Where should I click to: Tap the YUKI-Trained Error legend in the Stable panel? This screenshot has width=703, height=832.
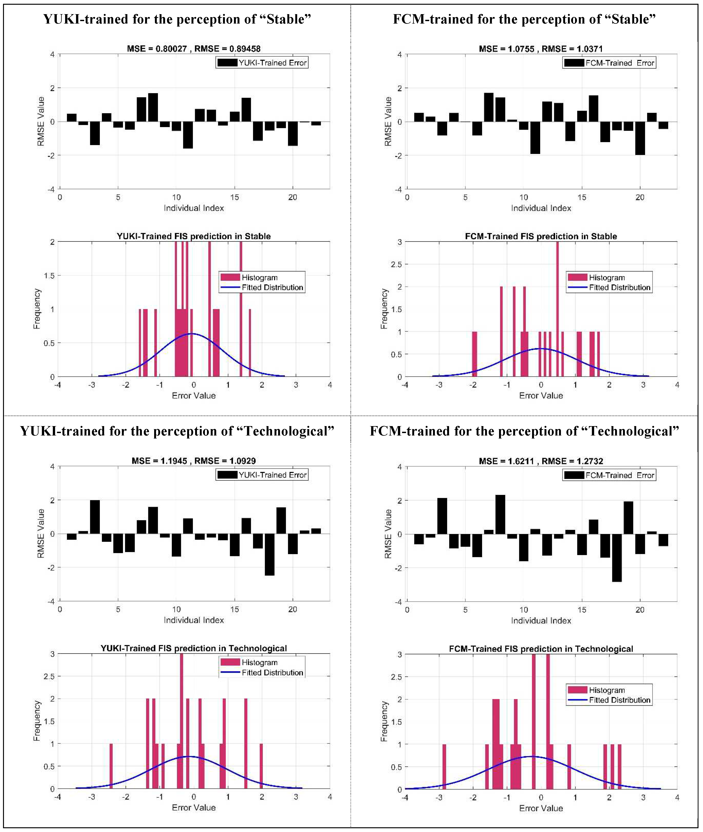262,63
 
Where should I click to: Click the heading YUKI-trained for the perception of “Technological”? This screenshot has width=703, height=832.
177,431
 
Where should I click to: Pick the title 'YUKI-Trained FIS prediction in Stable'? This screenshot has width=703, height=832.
194,236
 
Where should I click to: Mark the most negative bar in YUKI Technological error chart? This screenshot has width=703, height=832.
269,554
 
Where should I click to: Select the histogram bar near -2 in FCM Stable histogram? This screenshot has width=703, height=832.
474,354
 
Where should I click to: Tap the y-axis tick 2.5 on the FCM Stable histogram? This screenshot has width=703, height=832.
397,265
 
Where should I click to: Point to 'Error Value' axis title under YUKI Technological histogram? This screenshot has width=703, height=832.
194,808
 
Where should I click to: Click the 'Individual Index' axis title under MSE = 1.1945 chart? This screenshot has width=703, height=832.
194,620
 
